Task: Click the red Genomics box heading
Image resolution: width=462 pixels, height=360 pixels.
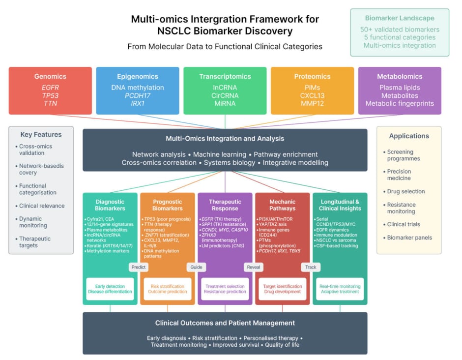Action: [x=50, y=76]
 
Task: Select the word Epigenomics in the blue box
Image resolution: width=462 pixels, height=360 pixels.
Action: [x=138, y=76]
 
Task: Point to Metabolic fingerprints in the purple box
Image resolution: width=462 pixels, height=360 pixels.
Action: [x=400, y=103]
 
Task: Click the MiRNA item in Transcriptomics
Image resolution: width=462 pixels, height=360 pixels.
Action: [x=225, y=103]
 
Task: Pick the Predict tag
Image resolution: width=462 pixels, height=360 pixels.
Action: [x=138, y=267]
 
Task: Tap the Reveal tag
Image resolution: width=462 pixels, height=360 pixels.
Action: [x=254, y=267]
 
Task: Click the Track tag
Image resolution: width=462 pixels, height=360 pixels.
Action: [x=311, y=267]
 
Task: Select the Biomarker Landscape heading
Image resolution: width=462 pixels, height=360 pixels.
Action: [x=400, y=18]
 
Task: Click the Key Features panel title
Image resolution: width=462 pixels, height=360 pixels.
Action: [x=41, y=134]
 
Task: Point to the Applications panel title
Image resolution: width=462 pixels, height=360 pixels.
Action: [x=409, y=136]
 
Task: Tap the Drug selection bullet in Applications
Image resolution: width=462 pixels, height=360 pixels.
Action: [x=405, y=191]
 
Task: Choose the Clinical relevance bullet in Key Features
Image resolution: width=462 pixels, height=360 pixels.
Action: [x=42, y=206]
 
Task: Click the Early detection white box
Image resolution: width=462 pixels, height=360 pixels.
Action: [x=110, y=289]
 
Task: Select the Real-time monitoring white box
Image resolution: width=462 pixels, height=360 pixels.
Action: [x=340, y=289]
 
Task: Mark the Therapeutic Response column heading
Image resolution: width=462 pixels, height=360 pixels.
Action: [x=225, y=205]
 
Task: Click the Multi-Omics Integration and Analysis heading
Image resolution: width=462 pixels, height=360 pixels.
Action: [x=225, y=139]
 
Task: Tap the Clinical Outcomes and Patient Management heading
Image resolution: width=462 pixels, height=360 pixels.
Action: [x=225, y=323]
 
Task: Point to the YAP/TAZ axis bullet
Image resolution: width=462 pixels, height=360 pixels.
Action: [x=275, y=224]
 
